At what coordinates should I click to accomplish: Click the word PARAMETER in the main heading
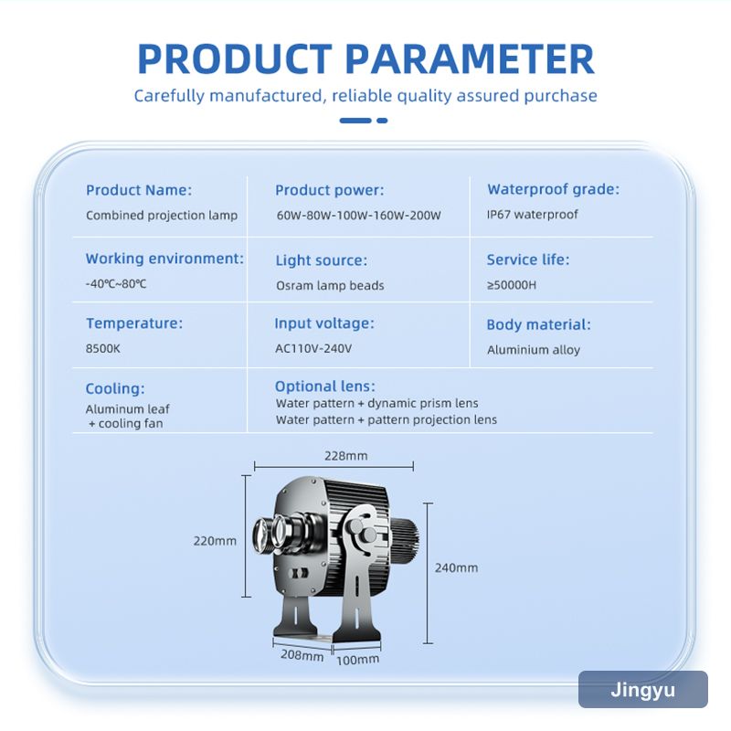[x=470, y=59]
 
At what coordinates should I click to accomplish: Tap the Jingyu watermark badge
[x=643, y=690]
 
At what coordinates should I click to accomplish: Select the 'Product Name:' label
[x=139, y=190]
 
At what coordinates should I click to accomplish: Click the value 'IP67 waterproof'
[x=533, y=215]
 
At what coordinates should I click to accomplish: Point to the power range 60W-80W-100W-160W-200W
[x=358, y=216]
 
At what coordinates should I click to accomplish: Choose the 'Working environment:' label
[x=164, y=259]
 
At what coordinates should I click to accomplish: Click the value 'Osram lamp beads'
[x=330, y=285]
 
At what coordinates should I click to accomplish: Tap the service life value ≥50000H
[x=512, y=285]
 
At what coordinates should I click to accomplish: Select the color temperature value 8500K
[x=103, y=349]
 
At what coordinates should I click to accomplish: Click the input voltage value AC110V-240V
[x=313, y=349]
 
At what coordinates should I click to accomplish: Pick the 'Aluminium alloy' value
[x=534, y=350]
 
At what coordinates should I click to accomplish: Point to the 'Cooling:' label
[x=115, y=389]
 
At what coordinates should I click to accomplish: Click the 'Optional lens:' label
[x=325, y=387]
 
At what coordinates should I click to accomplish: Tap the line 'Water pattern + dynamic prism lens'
[x=377, y=403]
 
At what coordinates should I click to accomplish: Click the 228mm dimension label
[x=346, y=456]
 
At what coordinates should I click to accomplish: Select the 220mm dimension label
[x=215, y=541]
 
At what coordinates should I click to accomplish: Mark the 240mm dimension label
[x=456, y=567]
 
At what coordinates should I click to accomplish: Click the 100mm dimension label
[x=357, y=660]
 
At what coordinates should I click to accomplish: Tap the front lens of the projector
[x=263, y=537]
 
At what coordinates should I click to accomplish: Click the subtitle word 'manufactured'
[x=265, y=96]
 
